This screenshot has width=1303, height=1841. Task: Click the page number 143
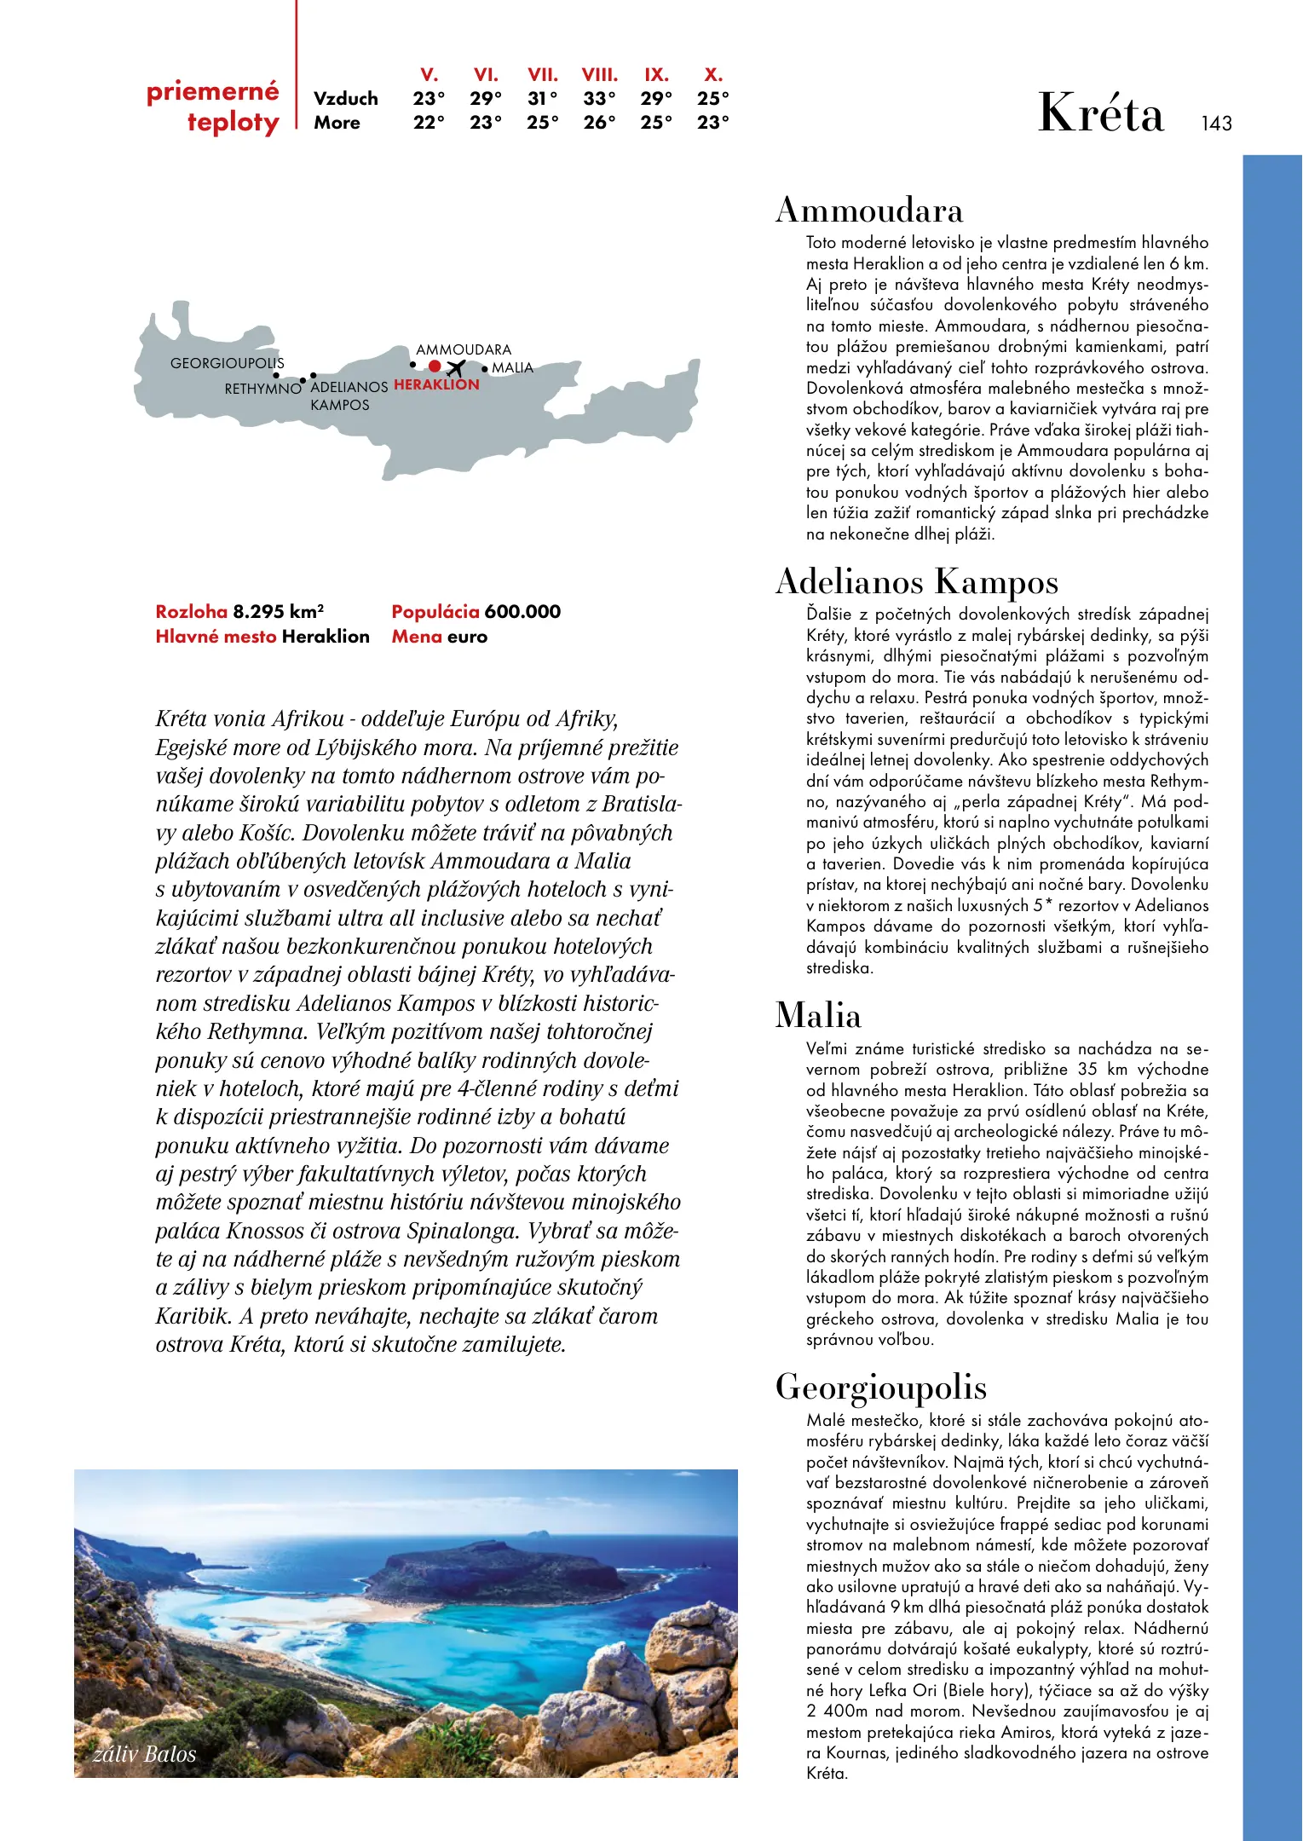(x=1216, y=124)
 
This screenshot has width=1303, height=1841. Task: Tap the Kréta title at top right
(x=1100, y=113)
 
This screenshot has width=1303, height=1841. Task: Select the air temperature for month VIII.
(x=599, y=99)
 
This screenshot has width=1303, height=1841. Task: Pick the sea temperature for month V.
(x=429, y=123)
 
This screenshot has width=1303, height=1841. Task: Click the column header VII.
(x=543, y=75)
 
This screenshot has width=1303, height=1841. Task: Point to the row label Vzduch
(x=345, y=99)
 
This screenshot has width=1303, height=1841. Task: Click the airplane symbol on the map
(x=456, y=368)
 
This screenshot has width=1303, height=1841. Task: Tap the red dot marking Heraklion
(x=435, y=366)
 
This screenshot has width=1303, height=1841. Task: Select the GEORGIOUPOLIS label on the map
(x=227, y=363)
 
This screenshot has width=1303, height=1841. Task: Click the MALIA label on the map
(x=512, y=367)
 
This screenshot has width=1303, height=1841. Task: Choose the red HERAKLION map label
(x=436, y=384)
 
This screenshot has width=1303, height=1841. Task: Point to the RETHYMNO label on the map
(x=262, y=389)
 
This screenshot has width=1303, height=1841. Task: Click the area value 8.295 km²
(x=278, y=611)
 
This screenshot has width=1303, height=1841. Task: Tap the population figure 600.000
(x=522, y=611)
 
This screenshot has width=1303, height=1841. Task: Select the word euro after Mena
(x=467, y=637)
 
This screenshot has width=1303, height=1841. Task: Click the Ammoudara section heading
(x=868, y=211)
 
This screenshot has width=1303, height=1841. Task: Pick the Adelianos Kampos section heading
(x=916, y=582)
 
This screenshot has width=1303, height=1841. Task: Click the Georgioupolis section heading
(x=880, y=1387)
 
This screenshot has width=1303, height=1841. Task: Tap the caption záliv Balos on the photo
(x=145, y=1754)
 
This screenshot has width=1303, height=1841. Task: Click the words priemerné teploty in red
(x=213, y=107)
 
